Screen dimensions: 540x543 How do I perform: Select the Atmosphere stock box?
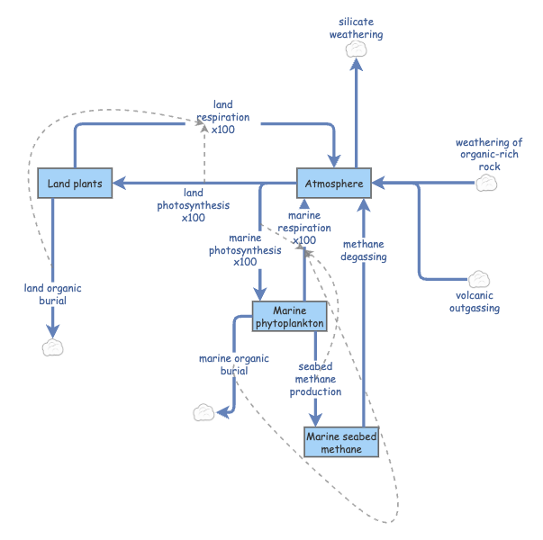pyautogui.click(x=334, y=184)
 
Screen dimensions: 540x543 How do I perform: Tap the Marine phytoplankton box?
pyautogui.click(x=288, y=316)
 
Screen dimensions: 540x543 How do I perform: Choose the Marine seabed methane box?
pyautogui.click(x=340, y=443)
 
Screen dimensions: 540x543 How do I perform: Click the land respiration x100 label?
pyautogui.click(x=222, y=117)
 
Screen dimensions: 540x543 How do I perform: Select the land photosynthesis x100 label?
pyautogui.click(x=193, y=205)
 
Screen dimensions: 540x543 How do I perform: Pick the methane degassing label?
pyautogui.click(x=364, y=250)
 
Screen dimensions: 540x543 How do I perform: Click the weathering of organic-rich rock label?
pyautogui.click(x=488, y=154)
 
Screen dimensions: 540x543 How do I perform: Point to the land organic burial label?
pyautogui.click(x=52, y=294)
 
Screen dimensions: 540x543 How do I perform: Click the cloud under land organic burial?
pyautogui.click(x=53, y=347)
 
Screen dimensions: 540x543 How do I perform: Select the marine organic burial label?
pyautogui.click(x=233, y=364)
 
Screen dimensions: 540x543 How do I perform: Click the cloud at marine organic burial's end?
pyautogui.click(x=204, y=412)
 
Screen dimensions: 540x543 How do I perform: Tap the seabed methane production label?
pyautogui.click(x=315, y=379)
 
